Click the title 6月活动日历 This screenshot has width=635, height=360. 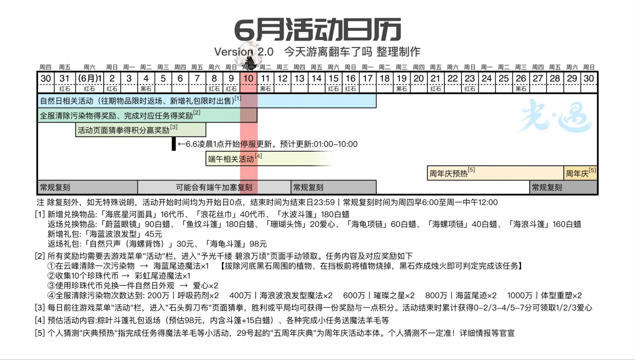(317, 30)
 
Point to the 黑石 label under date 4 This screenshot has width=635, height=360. (146, 89)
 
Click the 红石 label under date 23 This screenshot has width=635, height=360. (470, 89)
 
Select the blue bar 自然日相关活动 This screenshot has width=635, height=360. (207, 101)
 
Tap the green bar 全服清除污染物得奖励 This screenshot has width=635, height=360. (148, 115)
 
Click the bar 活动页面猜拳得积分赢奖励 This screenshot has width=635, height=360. (141, 130)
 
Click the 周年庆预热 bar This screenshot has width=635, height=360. (495, 173)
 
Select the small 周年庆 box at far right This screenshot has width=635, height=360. (580, 173)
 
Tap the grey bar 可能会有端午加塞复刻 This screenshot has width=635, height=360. (214, 187)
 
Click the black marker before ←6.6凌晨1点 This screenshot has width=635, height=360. (174, 144)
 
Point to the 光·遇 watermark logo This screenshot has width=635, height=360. (556, 116)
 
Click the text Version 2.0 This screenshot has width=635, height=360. (244, 52)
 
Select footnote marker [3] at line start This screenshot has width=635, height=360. (40, 308)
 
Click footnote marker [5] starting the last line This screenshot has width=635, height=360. (40, 333)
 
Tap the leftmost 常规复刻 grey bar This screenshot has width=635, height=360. (88, 187)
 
